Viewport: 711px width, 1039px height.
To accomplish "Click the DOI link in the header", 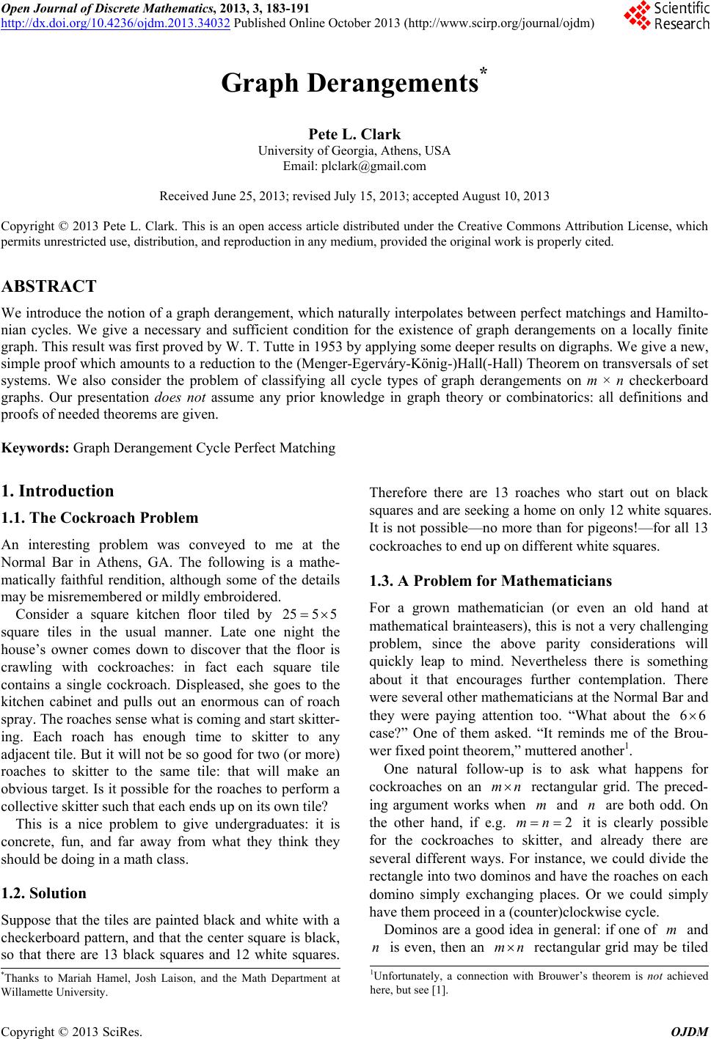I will (117, 23).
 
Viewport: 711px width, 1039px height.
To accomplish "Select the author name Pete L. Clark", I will (355, 134).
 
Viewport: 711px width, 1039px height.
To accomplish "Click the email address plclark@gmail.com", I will (373, 166).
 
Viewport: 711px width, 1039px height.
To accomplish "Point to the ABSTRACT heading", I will (49, 287).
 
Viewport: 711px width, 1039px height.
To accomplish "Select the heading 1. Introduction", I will (57, 491).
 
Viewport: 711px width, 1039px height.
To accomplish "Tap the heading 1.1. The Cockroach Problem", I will (100, 518).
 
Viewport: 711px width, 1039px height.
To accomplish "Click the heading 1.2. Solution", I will (44, 893).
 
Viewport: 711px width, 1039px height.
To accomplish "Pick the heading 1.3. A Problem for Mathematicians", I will (491, 581).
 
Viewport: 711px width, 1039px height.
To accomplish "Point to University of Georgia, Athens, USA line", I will (355, 151).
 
